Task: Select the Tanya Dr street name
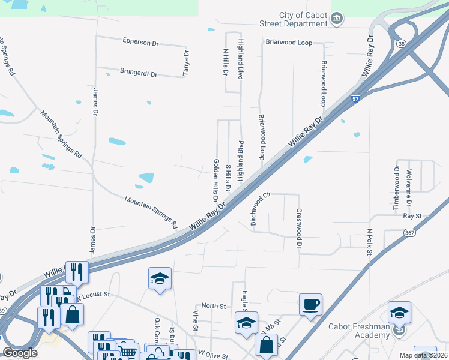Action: pyautogui.click(x=186, y=61)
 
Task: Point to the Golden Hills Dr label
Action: pyautogui.click(x=215, y=181)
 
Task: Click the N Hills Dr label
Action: pyautogui.click(x=226, y=62)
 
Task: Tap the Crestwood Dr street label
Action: pyautogui.click(x=298, y=227)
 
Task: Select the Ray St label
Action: pyautogui.click(x=412, y=215)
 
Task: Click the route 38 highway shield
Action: pyautogui.click(x=400, y=43)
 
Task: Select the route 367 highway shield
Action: pyautogui.click(x=410, y=233)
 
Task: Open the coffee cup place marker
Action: pyautogui.click(x=310, y=304)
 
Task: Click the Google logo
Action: pyautogui.click(x=20, y=353)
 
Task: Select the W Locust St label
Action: pyautogui.click(x=94, y=295)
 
